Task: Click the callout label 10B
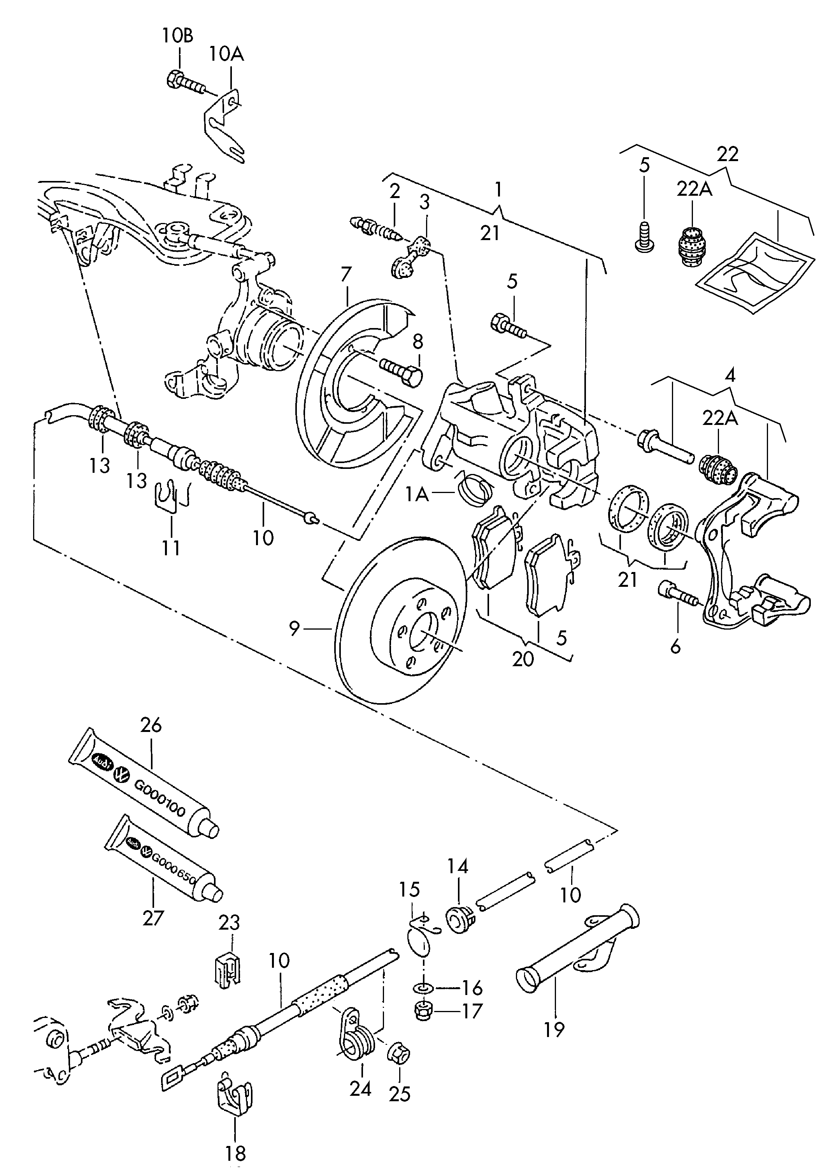(x=177, y=36)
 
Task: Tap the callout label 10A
(x=226, y=53)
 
